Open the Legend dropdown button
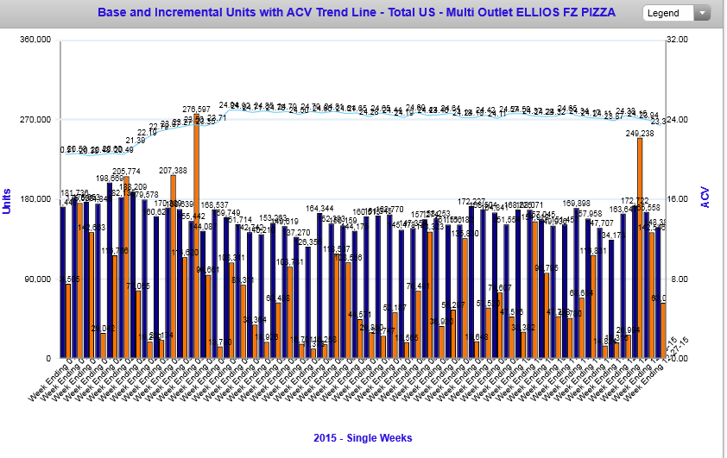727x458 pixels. (x=676, y=13)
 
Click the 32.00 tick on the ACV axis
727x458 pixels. (x=680, y=41)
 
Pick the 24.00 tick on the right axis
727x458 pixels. (x=680, y=120)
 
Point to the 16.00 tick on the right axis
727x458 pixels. (x=680, y=199)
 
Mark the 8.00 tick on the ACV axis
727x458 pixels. (x=682, y=279)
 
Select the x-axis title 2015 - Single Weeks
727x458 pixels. (x=362, y=438)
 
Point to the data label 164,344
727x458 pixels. (x=319, y=209)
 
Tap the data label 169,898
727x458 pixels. (x=574, y=204)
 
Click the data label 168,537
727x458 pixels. (x=215, y=204)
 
